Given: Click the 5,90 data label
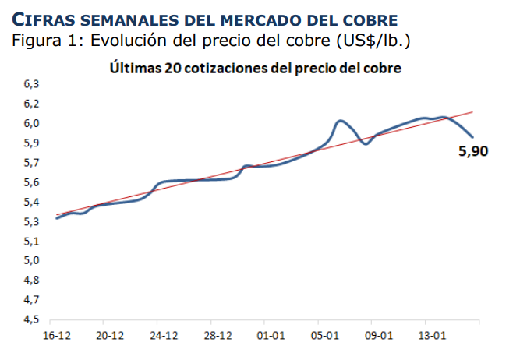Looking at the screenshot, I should coord(473,152).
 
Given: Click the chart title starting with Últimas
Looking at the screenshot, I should coord(256,69).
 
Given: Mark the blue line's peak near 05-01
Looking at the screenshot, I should coord(340,121).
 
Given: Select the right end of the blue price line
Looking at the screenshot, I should coord(472,137).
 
